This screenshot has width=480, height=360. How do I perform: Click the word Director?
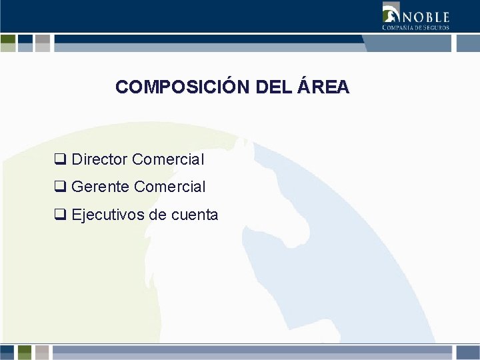point(100,160)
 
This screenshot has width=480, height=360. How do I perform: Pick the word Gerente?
point(100,187)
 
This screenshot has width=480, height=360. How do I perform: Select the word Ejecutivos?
point(108,215)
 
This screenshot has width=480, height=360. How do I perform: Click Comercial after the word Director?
point(168,160)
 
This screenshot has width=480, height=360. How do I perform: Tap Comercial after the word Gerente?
point(169,187)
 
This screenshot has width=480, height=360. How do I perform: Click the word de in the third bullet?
point(158,215)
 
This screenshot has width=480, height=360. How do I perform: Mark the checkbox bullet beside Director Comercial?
point(60,160)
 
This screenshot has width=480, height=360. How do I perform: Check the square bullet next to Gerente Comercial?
point(60,187)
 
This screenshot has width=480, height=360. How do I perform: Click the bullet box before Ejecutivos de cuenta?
point(60,215)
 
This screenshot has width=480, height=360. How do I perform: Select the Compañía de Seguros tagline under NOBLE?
point(415,27)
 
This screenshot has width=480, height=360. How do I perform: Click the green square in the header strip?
point(8,43)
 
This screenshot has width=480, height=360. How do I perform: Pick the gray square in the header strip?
point(43,43)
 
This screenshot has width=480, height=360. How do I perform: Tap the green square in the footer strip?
point(25,352)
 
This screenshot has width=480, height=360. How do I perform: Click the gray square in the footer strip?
point(43,352)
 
